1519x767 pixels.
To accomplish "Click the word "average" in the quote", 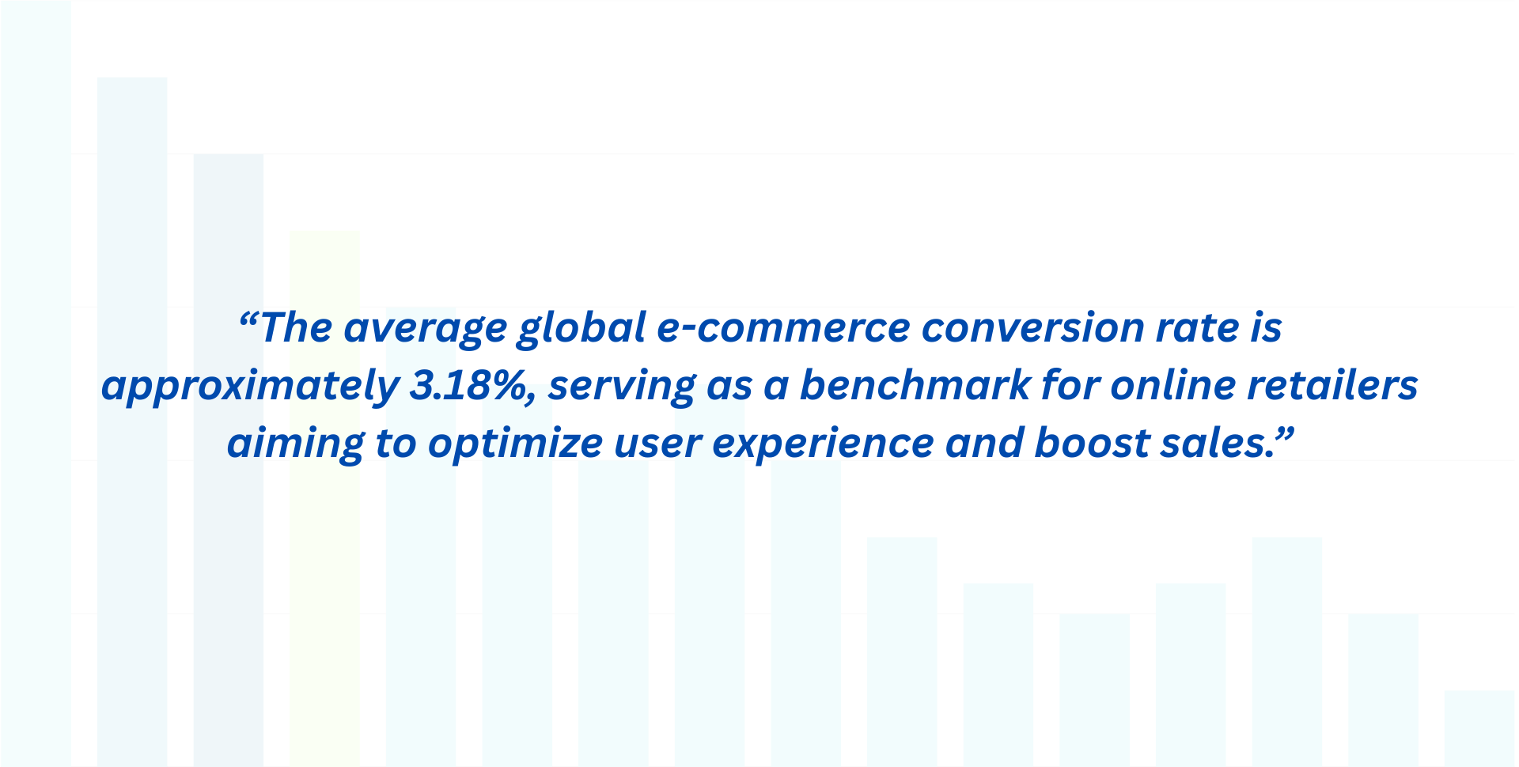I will [x=425, y=328].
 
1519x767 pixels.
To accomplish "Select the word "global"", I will [x=581, y=328].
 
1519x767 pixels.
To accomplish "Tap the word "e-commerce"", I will [x=783, y=328].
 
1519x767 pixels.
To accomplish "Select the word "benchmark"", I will [x=915, y=386].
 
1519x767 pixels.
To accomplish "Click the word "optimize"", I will [x=515, y=444].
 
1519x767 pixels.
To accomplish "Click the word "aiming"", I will [x=295, y=444].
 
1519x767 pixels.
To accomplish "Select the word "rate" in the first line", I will [x=1198, y=328].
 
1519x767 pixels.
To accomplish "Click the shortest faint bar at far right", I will [x=1479, y=727].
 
